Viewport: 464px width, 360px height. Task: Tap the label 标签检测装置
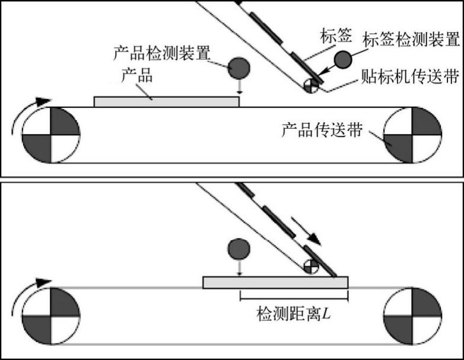point(412,40)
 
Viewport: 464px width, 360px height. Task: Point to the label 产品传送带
point(322,130)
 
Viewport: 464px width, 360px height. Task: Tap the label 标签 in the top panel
point(336,37)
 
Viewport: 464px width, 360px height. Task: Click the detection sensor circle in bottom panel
point(239,249)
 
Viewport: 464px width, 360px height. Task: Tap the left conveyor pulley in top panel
point(51,135)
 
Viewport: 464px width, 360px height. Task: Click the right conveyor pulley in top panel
point(413,135)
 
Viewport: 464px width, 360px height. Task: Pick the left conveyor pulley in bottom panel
point(51,316)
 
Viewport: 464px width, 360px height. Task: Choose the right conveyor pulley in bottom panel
point(413,316)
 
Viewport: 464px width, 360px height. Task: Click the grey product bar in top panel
point(167,102)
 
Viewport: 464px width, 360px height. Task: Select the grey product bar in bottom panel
point(275,282)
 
